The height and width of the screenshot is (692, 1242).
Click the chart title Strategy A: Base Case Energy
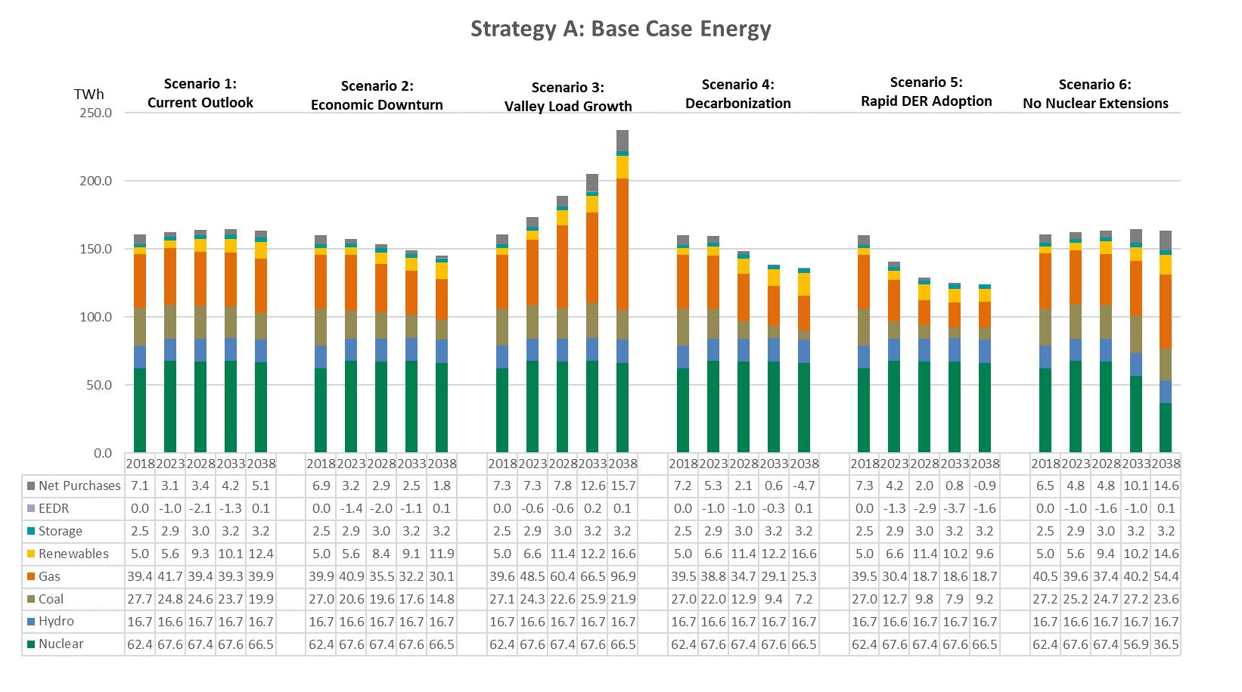coord(620,29)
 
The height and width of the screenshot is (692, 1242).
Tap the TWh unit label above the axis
coord(89,95)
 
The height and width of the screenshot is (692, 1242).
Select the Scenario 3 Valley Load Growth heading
coord(568,97)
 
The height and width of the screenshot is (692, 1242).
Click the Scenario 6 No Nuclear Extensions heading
coord(1095,95)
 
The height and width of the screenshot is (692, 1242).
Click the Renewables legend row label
coord(73,554)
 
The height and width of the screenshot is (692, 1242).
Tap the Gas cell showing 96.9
coord(623,576)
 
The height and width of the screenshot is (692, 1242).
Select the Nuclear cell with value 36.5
coord(1166,644)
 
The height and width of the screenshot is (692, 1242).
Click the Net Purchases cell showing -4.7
coord(804,486)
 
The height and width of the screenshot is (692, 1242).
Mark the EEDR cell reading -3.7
coord(955,508)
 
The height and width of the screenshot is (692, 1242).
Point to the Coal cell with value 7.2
coord(804,599)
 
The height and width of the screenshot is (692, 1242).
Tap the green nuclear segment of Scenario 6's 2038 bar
coord(1166,428)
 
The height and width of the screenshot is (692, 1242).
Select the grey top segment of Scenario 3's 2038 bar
coord(623,140)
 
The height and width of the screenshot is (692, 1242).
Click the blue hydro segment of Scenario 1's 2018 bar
coord(140,357)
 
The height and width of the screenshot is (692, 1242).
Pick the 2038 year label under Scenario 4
coord(804,464)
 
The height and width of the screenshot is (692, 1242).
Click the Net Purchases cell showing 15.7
coord(623,486)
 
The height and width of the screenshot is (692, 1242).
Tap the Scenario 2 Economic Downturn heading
coord(377,95)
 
